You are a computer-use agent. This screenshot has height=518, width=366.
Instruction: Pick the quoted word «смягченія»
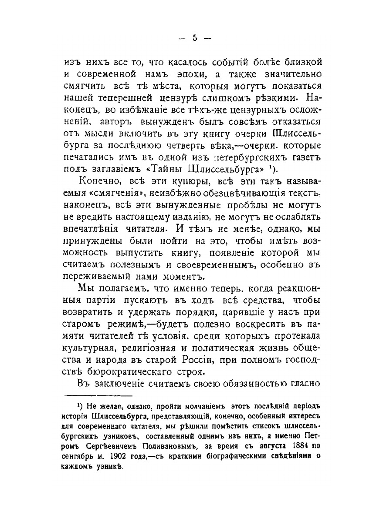(x=114, y=192)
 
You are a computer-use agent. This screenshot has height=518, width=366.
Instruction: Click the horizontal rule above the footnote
(x=99, y=396)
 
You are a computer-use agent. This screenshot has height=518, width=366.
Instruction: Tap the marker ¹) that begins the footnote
(x=80, y=406)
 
